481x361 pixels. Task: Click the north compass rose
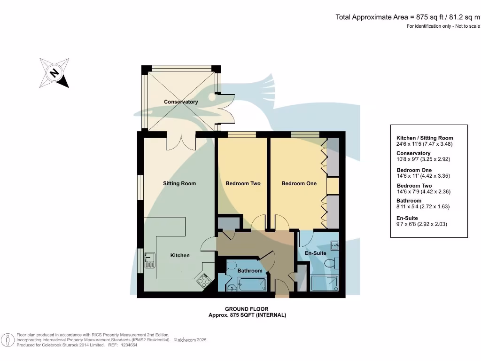coord(54,73)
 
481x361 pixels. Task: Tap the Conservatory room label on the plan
coord(181,102)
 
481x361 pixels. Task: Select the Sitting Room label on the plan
coord(179,183)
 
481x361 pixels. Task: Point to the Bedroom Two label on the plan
coord(243,183)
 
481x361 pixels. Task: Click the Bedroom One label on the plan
coord(299,183)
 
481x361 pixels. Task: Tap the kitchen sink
coord(149,259)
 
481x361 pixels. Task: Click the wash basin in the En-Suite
coord(334,245)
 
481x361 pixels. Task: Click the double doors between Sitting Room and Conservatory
coord(181,142)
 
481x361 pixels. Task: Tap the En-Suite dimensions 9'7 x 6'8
coord(422,225)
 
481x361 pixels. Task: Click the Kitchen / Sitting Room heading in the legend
coord(425,138)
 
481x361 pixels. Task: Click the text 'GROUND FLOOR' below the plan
coord(247,309)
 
